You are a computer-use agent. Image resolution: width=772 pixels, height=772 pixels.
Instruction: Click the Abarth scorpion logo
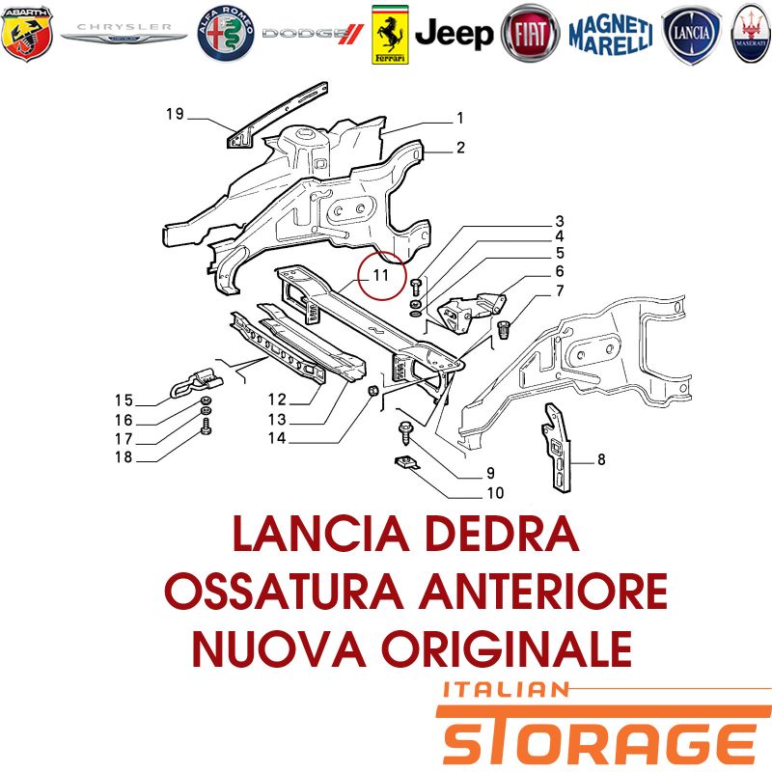pos(27,34)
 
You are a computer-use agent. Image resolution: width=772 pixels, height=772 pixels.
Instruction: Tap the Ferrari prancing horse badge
pos(390,35)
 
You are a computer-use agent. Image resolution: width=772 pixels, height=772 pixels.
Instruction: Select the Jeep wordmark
pos(454,34)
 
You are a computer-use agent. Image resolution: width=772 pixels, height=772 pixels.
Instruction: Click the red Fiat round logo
pos(530,34)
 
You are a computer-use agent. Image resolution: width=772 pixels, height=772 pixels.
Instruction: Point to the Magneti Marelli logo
pos(611,34)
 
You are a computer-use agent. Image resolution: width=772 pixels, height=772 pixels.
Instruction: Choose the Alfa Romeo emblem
pos(226,34)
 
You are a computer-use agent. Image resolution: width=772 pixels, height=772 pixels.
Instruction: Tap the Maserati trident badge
pos(751,34)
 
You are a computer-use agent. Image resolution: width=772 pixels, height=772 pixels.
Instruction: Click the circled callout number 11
pos(381,275)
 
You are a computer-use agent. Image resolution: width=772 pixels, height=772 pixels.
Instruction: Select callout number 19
pos(175,114)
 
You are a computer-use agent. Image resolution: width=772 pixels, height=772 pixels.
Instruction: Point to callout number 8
pos(601,459)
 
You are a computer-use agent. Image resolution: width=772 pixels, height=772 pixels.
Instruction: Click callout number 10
pos(495,493)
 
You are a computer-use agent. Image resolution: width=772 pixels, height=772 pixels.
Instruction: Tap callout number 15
pos(124,400)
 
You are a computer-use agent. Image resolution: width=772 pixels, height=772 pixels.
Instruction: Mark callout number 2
pos(460,148)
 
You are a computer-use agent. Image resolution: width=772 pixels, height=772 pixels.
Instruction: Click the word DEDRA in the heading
pos(502,534)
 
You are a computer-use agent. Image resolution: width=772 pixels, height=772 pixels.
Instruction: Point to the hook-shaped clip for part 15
pos(196,382)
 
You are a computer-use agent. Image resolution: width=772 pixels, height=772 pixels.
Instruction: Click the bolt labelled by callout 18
pos(207,426)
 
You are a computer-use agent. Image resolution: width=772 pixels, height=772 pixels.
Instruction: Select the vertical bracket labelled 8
pos(558,447)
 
